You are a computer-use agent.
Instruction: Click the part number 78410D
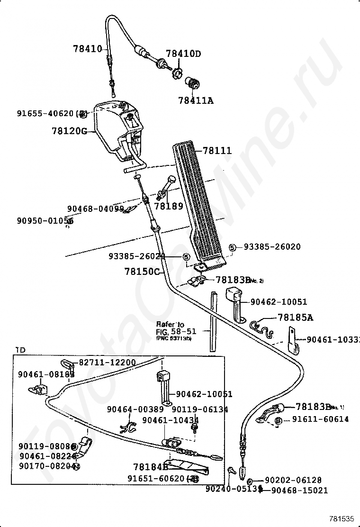coord(183,54)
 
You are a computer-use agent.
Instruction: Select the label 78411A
coord(196,100)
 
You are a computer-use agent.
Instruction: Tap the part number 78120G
coord(69,131)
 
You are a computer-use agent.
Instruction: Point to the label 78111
coord(217,151)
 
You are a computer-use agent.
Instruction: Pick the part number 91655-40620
coord(45,114)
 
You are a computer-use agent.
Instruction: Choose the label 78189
coord(168,207)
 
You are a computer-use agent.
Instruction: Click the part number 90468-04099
coord(95,209)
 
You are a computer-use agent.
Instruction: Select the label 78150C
coord(142,272)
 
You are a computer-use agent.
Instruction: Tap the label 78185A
coord(295,318)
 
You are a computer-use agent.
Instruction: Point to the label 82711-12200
coord(107,363)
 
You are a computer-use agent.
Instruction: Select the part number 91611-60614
coord(320,419)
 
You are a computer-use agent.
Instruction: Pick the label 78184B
coord(151,467)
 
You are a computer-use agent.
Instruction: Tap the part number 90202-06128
coord(293,480)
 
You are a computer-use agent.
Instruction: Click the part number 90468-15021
coord(299,491)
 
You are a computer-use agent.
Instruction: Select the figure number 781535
coord(342,518)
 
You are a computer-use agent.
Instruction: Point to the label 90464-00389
coord(135,409)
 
